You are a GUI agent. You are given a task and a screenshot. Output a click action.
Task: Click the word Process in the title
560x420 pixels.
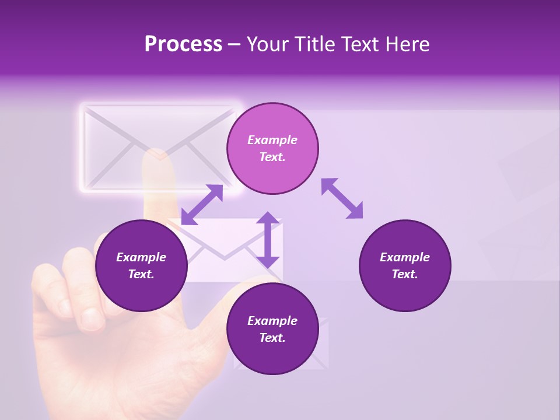tap(183, 44)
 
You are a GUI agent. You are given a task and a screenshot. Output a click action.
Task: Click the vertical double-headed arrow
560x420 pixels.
tap(268, 240)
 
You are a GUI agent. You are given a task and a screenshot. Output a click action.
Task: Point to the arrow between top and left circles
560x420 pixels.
tap(202, 205)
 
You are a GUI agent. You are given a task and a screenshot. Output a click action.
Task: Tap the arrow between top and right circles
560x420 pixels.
tap(342, 198)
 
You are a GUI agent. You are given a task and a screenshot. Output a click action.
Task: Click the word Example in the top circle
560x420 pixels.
tap(272, 140)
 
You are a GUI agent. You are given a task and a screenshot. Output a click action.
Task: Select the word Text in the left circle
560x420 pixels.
tap(141, 274)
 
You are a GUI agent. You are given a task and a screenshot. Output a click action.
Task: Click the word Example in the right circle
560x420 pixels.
tap(405, 257)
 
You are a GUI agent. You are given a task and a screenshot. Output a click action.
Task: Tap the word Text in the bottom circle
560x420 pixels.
tap(272, 338)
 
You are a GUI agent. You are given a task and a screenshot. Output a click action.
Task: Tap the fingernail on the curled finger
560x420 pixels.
tap(92, 318)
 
